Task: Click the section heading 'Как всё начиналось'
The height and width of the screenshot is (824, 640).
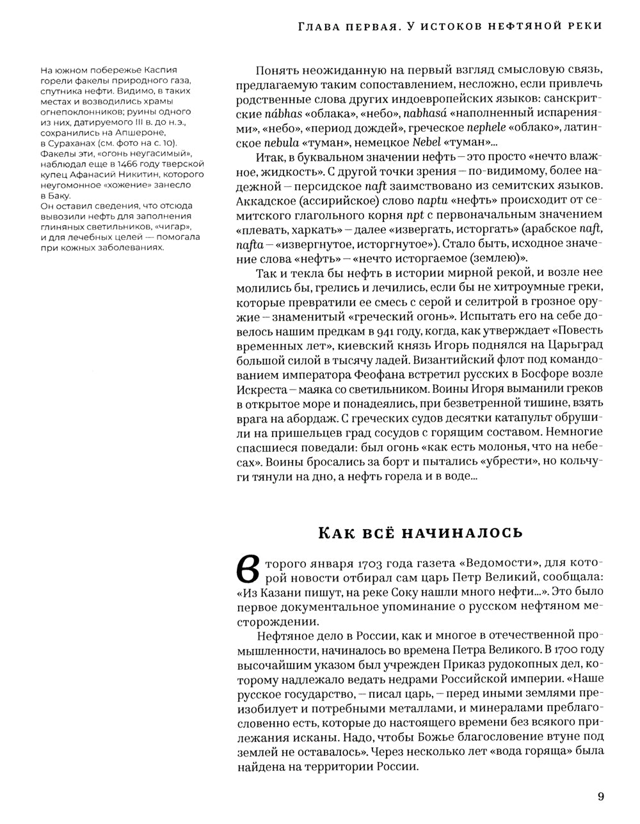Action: pyautogui.click(x=420, y=532)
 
